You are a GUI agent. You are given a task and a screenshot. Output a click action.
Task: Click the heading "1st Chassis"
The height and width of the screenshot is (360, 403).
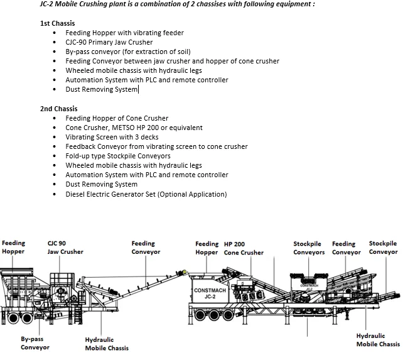click(x=57, y=23)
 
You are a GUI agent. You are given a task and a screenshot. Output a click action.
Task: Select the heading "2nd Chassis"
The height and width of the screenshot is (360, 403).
click(x=58, y=109)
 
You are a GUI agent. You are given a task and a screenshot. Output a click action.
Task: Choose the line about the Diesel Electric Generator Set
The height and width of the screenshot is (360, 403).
click(x=146, y=194)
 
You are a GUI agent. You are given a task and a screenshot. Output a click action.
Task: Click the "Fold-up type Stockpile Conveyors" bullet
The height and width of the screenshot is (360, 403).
click(x=117, y=156)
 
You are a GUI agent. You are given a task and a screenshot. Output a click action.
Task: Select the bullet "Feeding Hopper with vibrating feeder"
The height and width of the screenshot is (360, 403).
click(x=124, y=33)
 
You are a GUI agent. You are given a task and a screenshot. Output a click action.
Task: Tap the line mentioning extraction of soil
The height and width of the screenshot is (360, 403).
click(x=128, y=52)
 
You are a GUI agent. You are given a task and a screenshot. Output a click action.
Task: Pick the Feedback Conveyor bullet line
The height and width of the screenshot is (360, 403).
click(x=156, y=146)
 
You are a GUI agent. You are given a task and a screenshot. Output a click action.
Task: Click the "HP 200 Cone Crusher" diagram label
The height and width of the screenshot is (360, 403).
click(x=244, y=248)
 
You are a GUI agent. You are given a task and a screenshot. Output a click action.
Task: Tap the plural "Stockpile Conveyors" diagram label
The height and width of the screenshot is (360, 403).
click(x=309, y=248)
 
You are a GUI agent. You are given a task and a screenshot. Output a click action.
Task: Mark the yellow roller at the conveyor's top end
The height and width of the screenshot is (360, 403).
click(x=185, y=273)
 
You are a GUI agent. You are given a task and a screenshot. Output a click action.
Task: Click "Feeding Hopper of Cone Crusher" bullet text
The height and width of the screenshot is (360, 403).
click(x=117, y=118)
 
